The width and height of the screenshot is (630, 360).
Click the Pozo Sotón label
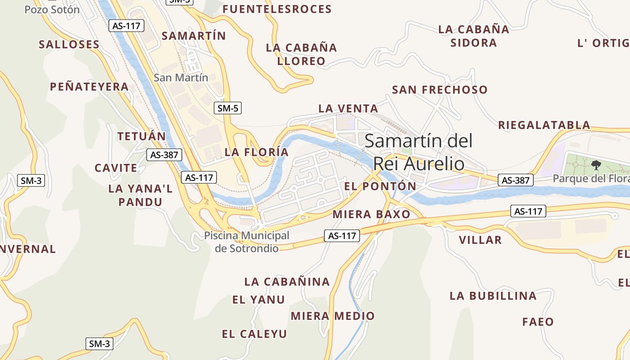point(52,9)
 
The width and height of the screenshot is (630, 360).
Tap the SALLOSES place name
point(69,44)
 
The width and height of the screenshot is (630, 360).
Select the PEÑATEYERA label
point(89,86)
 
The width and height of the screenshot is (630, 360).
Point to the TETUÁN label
point(142,136)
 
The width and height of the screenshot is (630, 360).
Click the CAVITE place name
point(116,168)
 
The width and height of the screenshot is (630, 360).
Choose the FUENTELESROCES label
point(277,9)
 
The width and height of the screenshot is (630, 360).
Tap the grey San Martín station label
point(181,77)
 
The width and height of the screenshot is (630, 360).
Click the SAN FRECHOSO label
point(440,90)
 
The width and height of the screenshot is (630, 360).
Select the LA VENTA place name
point(348,108)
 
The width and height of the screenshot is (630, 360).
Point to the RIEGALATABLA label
point(544,125)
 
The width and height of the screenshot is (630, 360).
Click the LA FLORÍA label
point(256,152)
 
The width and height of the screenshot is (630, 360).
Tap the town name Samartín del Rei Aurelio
point(418,152)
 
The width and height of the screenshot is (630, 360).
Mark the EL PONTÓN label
point(380,186)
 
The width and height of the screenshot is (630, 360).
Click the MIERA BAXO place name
point(371,214)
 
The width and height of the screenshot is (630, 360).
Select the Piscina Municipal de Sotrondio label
point(247,242)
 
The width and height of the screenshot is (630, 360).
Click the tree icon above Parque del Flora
point(596,165)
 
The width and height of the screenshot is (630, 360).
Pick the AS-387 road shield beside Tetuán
point(164,155)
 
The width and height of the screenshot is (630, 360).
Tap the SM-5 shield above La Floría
point(228,108)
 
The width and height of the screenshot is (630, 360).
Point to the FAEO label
point(538,322)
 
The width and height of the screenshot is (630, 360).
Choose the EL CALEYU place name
point(254,334)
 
